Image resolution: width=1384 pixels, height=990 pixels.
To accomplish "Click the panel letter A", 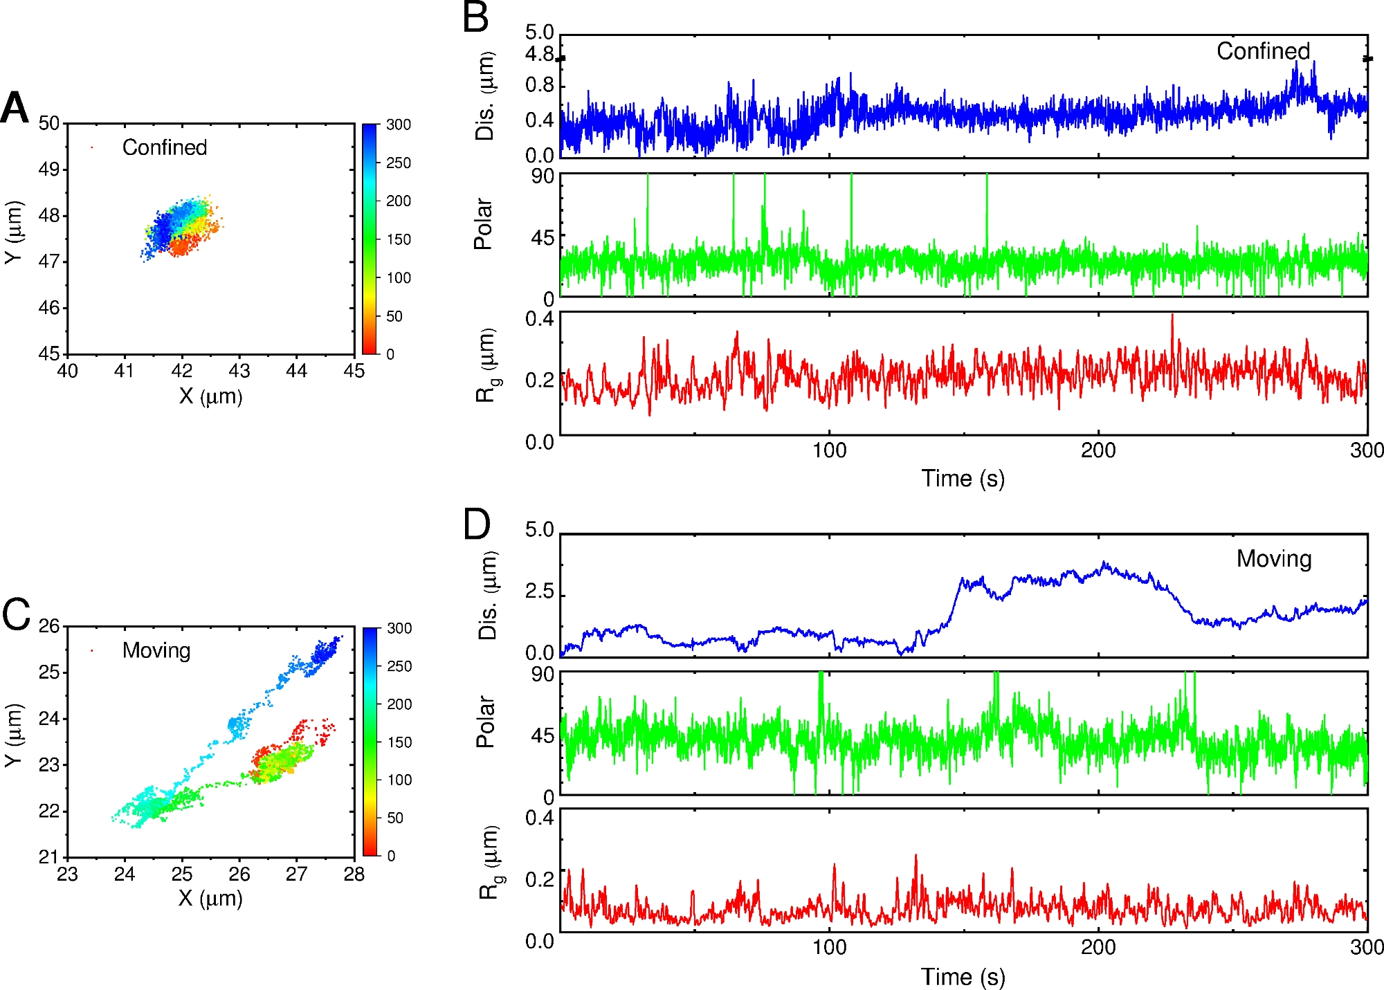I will coord(15,109).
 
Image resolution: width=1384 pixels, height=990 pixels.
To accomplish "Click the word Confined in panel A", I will coord(164,147).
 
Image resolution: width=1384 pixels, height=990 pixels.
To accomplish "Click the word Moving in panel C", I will coord(156,650).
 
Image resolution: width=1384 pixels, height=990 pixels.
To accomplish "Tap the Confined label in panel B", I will coord(1263,51).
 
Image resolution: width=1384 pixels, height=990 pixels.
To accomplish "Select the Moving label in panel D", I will coord(1274,559).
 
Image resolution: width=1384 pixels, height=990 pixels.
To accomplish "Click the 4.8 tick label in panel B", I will coord(540,54).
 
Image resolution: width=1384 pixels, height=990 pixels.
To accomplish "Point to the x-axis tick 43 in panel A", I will coord(239,372).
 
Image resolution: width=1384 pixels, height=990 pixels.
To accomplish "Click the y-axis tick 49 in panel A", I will coord(49,169).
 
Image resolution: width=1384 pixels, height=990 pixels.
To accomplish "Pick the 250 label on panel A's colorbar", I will coord(398,163).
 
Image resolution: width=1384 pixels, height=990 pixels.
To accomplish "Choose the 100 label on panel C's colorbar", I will coord(399,780).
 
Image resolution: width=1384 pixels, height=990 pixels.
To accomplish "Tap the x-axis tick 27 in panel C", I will coord(296,874).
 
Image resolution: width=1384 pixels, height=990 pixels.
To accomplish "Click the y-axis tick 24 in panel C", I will coord(49,719).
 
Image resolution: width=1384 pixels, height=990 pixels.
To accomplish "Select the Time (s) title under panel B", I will coord(963,479).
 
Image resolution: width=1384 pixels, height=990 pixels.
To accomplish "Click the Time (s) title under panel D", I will coord(963,977).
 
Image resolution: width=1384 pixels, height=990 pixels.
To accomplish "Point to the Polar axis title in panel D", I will coord(486,722).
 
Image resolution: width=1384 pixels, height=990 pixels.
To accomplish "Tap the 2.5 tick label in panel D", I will coord(540,592).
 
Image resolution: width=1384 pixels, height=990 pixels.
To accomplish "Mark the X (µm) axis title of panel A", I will coord(210,396).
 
